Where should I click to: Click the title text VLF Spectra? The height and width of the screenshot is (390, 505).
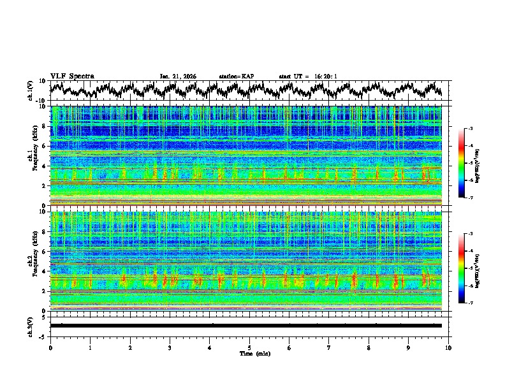point(72,76)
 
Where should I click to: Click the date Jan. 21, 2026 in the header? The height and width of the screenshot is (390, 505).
point(178,76)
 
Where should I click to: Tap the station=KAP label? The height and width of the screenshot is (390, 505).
point(237,76)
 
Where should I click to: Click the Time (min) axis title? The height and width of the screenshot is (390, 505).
point(249,353)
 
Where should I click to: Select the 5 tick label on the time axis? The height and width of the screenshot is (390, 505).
point(249,347)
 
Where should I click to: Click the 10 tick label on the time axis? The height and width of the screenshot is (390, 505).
point(448,347)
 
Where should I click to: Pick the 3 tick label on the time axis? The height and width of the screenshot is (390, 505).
point(170,347)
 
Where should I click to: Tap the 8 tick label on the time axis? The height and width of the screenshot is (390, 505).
point(369,347)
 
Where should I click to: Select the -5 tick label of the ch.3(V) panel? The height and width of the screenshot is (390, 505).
point(42,336)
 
